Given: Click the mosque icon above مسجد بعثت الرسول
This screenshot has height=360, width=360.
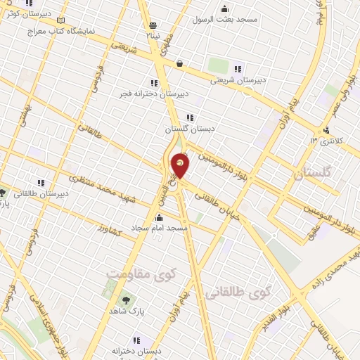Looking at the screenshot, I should pos(224,8).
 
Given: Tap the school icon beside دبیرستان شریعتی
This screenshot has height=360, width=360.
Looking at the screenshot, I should pos(238,69).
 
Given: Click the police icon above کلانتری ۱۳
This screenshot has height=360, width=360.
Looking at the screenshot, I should pos(326,130).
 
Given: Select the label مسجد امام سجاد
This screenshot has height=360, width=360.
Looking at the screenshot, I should pos(159,229).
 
